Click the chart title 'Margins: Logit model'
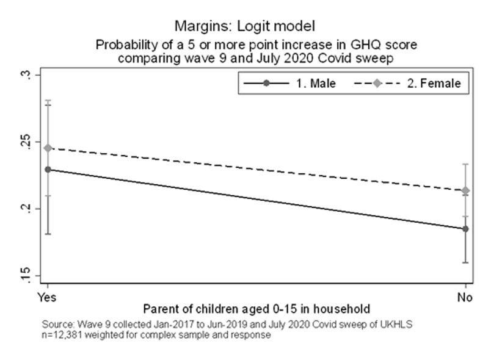[x=244, y=26]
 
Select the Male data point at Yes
[x=48, y=169]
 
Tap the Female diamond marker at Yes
[x=48, y=148]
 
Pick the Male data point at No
[x=465, y=229]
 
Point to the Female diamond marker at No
[x=465, y=191]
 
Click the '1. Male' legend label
[x=316, y=84]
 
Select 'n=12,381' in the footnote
[x=63, y=335]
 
